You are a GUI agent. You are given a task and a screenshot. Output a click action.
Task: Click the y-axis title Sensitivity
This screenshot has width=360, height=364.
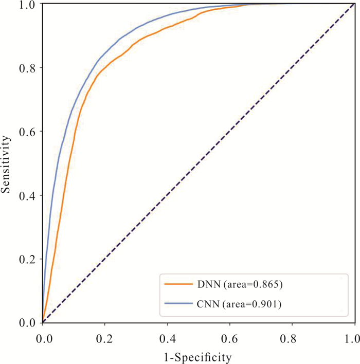[x=7, y=163]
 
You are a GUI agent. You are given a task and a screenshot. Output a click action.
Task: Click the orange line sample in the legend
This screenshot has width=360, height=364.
[x=177, y=284]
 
